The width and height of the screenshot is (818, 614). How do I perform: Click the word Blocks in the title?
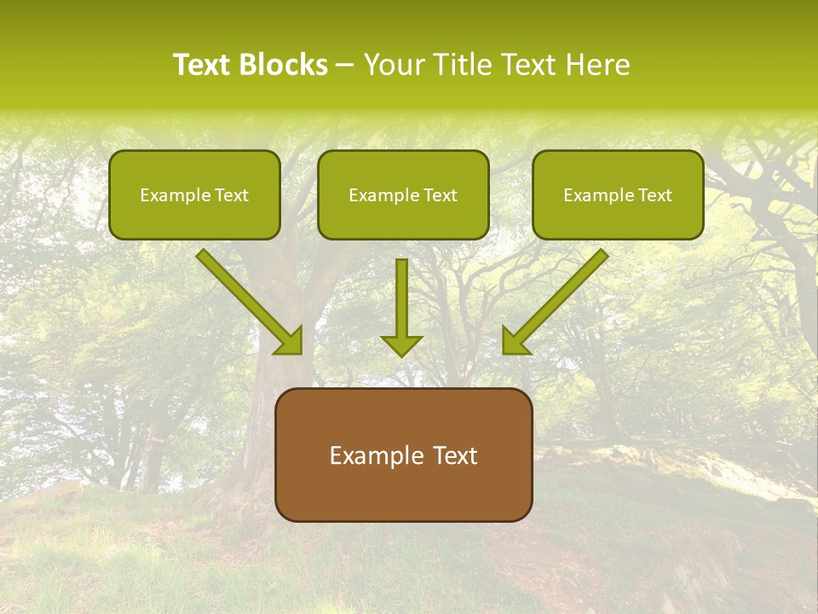tap(284, 65)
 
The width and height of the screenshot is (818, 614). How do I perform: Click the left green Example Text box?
tap(194, 194)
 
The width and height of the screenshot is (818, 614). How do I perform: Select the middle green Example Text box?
tap(403, 194)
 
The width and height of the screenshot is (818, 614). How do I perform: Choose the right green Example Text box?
tap(618, 194)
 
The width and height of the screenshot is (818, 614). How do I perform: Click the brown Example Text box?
tap(403, 455)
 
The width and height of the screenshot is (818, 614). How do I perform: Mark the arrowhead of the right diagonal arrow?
tap(515, 341)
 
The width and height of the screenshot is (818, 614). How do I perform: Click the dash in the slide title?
tap(345, 66)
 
